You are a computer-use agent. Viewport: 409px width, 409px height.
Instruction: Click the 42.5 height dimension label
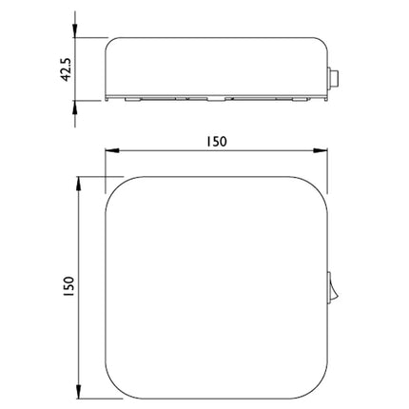tap(67, 69)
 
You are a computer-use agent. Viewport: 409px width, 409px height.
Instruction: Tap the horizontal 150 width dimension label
tap(217, 142)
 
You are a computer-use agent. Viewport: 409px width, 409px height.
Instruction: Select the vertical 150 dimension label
tap(68, 286)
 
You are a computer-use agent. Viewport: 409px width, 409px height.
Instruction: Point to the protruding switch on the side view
tap(333, 77)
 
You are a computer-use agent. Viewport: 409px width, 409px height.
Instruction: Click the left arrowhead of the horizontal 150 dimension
tap(112, 151)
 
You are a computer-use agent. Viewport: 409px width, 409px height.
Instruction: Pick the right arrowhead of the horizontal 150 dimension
tap(321, 151)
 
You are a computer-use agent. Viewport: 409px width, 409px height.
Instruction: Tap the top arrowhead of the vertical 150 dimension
tap(79, 184)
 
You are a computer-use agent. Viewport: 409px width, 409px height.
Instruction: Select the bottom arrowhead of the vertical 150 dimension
tap(79, 392)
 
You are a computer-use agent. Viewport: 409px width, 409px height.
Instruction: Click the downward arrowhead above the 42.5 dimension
tap(75, 30)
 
